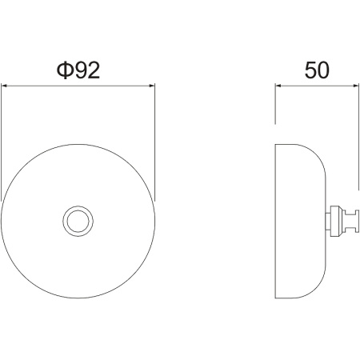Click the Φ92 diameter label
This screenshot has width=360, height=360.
(x=78, y=70)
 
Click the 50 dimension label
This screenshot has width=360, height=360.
(x=317, y=70)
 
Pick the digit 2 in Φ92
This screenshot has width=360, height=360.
(x=93, y=70)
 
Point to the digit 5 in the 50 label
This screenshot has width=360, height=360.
(x=310, y=70)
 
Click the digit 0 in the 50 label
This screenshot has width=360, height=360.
(x=323, y=70)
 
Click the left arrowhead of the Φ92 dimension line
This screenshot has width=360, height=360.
(x=4, y=86)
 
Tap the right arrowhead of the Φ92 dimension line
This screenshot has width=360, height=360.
(x=152, y=86)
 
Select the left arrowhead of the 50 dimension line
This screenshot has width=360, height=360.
(x=278, y=86)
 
